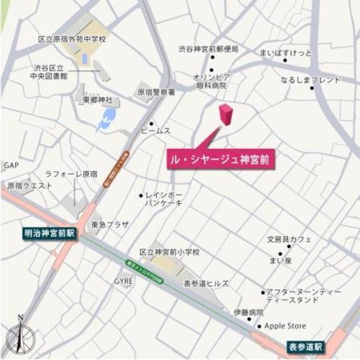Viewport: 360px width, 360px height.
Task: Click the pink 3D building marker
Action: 226,114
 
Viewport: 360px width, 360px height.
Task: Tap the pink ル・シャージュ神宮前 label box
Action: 222,160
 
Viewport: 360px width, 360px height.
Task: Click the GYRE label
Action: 123,281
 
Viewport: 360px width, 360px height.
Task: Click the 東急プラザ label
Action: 110,224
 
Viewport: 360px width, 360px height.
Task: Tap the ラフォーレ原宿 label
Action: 71,174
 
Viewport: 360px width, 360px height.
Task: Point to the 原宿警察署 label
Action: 156,91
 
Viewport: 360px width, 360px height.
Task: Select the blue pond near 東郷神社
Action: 106,119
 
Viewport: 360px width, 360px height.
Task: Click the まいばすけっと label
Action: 285,53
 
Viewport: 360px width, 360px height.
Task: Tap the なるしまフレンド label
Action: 311,80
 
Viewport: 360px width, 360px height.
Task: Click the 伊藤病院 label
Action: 249,312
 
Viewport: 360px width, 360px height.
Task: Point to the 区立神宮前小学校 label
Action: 169,253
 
